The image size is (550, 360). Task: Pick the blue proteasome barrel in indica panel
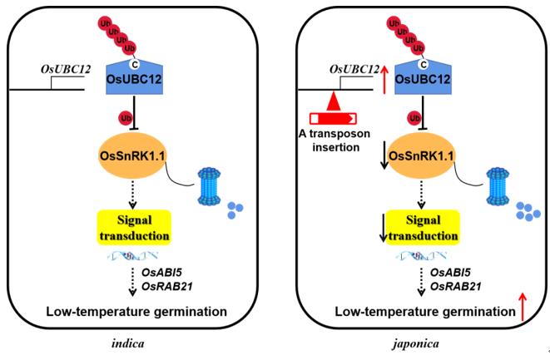(211, 190)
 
